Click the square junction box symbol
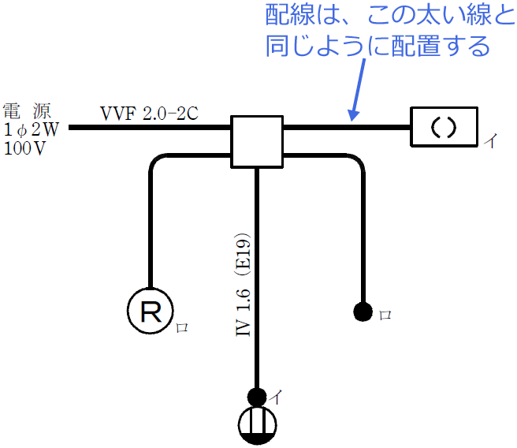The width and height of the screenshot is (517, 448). [256, 141]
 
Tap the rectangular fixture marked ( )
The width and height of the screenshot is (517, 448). [444, 126]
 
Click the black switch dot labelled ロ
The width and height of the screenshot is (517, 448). [363, 312]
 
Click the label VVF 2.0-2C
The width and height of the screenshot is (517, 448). [148, 113]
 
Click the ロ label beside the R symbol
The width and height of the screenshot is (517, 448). [181, 325]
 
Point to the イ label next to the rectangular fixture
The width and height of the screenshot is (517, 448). [490, 142]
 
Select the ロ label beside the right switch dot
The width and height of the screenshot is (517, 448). [385, 315]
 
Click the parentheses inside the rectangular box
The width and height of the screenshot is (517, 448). [444, 126]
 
